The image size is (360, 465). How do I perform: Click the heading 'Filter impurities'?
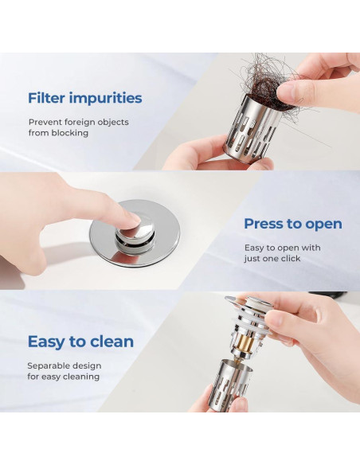84,99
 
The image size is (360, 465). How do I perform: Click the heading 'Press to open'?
292,224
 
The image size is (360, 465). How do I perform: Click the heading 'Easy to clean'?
80,342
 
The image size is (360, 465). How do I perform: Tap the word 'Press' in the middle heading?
264,224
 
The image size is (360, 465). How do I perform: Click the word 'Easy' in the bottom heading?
46,342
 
